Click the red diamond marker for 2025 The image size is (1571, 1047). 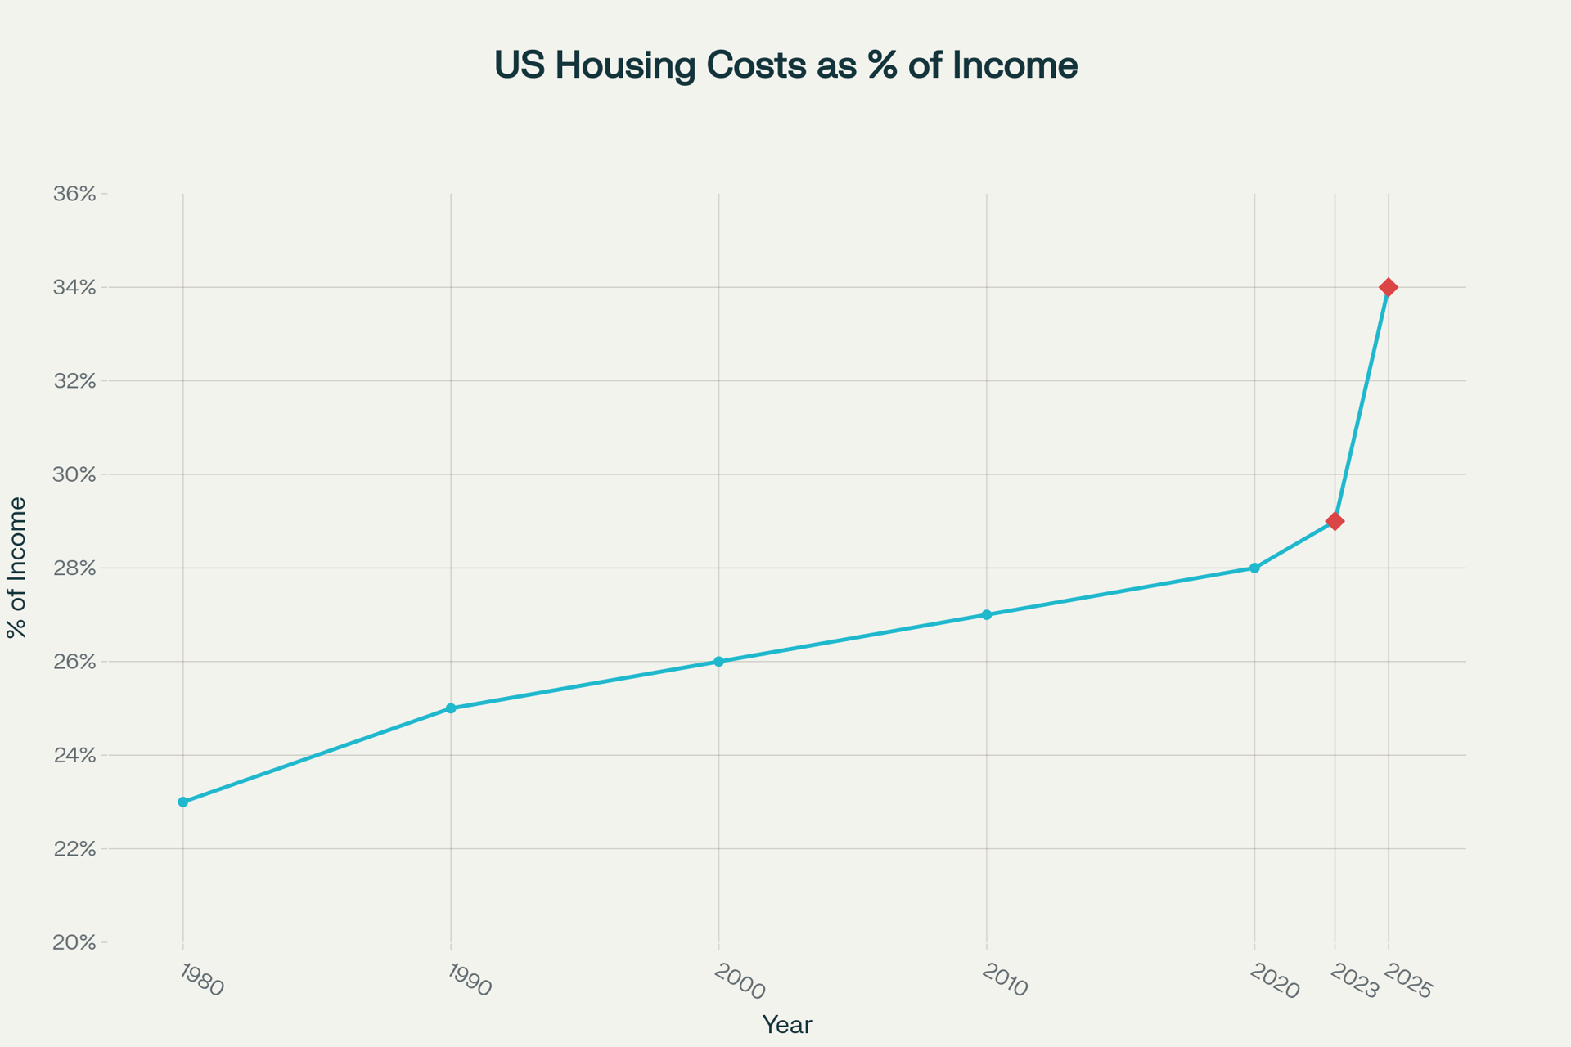tap(1388, 287)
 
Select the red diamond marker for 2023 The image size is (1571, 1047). tap(1335, 521)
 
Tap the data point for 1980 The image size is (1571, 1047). tap(183, 802)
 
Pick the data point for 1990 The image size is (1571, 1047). tap(451, 708)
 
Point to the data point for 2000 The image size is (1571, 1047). tap(718, 662)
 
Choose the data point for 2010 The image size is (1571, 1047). tap(987, 614)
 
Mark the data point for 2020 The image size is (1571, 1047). tap(1254, 568)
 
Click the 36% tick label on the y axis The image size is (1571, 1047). tap(74, 195)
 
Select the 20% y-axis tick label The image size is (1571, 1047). tap(74, 943)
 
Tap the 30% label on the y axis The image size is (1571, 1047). tap(74, 475)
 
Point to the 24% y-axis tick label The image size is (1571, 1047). tap(74, 756)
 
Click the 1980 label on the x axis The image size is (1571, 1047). tap(200, 980)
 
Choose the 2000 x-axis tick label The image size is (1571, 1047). tap(739, 982)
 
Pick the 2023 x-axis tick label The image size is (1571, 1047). tap(1354, 982)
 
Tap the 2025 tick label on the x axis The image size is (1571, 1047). tap(1407, 982)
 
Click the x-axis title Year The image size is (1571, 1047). tap(786, 1025)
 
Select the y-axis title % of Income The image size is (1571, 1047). tap(17, 568)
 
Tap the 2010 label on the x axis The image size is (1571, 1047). tap(1004, 981)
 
